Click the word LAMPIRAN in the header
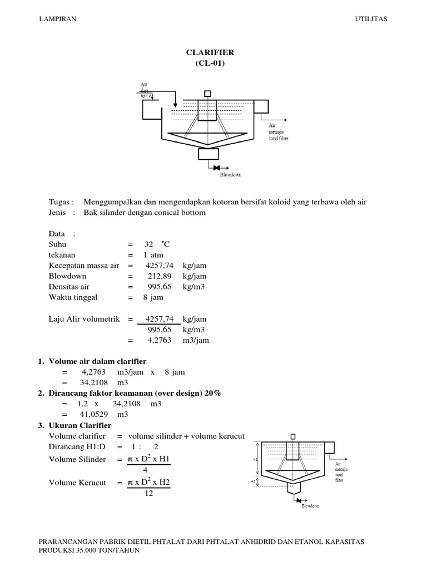(57, 19)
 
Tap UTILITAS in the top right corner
(371, 19)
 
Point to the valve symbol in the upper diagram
(217, 168)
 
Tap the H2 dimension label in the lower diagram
(253, 480)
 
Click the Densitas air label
(69, 287)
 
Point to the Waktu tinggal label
(73, 297)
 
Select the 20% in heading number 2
(213, 394)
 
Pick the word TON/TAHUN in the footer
(121, 550)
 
